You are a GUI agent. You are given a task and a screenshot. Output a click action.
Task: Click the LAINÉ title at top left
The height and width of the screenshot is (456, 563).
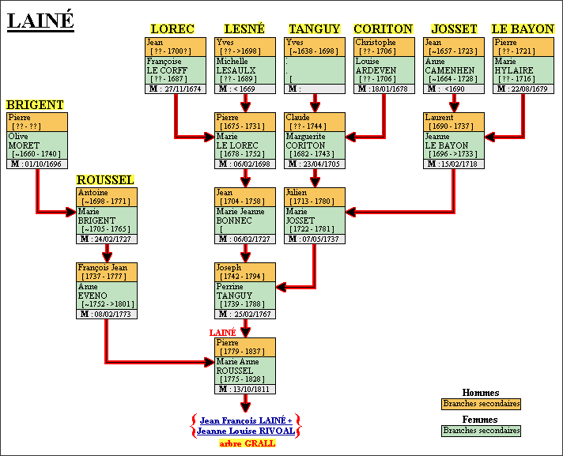(x=40, y=21)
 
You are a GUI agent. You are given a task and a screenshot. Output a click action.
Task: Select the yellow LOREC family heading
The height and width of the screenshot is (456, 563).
(x=172, y=29)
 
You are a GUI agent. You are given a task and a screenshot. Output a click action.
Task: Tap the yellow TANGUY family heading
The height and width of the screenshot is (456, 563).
(x=314, y=29)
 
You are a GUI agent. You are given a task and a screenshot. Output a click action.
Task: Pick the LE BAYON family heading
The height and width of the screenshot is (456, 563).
(x=523, y=29)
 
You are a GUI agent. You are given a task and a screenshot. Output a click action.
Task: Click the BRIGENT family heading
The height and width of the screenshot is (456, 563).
(x=35, y=104)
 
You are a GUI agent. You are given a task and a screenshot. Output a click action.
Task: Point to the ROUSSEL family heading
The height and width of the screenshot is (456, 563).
(x=105, y=180)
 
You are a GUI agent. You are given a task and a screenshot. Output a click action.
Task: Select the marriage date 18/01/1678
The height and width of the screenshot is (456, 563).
(x=389, y=89)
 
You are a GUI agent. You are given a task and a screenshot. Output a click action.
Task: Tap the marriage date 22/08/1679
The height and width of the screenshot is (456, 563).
(x=527, y=89)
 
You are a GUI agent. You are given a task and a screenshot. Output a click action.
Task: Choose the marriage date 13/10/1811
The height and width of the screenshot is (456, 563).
(x=251, y=389)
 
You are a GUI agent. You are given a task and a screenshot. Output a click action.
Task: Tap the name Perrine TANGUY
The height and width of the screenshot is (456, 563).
(x=234, y=292)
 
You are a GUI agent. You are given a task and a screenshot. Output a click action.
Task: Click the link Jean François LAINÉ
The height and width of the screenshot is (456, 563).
(x=245, y=420)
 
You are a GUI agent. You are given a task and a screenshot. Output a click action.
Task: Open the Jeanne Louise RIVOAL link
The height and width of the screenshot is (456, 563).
(x=245, y=432)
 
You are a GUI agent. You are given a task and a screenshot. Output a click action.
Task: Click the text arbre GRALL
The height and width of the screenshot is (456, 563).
(x=247, y=443)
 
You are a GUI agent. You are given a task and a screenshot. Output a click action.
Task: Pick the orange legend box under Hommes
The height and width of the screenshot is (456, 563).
(x=481, y=404)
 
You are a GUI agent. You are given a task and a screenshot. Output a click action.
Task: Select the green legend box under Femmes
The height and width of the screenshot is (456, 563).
(x=481, y=431)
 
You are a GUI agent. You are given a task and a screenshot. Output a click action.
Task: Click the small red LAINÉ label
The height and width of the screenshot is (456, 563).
(x=222, y=333)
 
